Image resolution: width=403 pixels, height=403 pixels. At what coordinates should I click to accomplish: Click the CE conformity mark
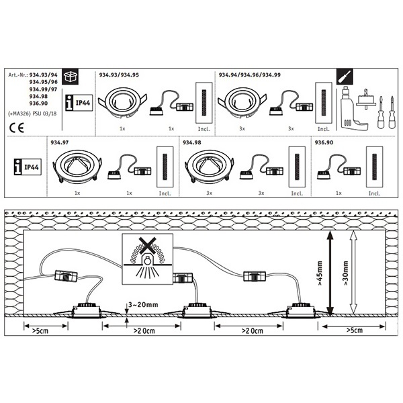pos(16,128)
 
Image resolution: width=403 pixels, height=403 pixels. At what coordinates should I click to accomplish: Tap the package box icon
pos(70,77)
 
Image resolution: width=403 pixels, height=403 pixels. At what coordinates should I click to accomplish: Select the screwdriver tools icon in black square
pos(345,77)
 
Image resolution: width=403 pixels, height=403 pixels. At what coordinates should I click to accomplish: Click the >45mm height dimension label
pos(320,273)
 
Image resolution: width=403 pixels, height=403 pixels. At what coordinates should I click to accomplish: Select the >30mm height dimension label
pos(345,273)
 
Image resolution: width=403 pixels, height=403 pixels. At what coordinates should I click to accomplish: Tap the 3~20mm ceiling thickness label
pos(143,305)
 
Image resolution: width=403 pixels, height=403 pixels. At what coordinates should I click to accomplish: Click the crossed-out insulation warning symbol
pos(147,259)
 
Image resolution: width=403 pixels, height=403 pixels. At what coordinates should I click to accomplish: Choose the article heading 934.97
pos(60,142)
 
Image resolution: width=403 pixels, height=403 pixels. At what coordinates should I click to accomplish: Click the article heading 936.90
pos(324,142)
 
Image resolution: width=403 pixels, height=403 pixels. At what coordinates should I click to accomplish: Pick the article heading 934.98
pos(191,142)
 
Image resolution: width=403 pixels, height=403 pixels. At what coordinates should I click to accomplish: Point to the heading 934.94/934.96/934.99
pos(250,75)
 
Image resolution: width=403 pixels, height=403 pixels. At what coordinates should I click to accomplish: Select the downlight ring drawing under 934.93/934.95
pos(122,103)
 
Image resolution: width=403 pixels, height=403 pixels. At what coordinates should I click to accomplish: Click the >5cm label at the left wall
pos(40,330)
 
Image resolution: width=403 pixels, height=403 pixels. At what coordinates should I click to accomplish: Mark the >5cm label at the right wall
pos(355,330)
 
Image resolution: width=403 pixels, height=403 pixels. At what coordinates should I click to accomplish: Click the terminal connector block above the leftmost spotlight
pos(66,276)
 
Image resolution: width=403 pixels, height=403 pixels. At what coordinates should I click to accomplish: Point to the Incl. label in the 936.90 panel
pos(375,193)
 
